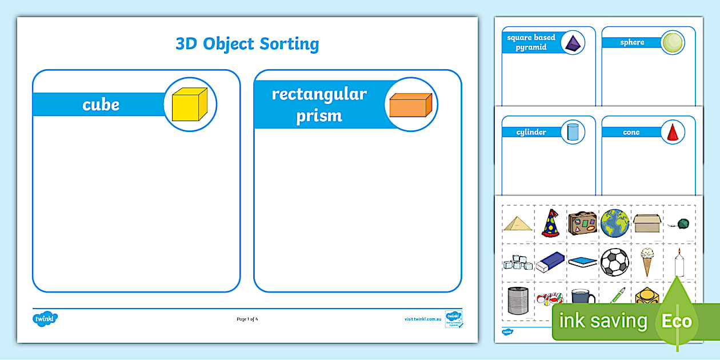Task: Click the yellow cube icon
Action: (x=190, y=104)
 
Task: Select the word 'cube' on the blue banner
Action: (x=101, y=105)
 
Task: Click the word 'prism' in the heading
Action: (x=319, y=116)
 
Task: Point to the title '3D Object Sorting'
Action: (x=247, y=43)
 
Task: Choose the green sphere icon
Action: (x=672, y=43)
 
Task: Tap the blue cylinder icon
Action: (x=573, y=132)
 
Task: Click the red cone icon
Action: (x=672, y=132)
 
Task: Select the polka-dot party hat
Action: (x=550, y=223)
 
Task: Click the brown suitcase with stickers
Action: (x=582, y=223)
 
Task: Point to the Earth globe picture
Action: (x=614, y=223)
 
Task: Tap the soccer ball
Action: (x=614, y=262)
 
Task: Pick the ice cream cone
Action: (x=646, y=261)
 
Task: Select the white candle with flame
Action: (x=679, y=263)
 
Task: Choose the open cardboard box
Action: (x=646, y=223)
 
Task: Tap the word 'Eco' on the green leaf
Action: (x=677, y=321)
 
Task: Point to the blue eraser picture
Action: (x=550, y=262)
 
